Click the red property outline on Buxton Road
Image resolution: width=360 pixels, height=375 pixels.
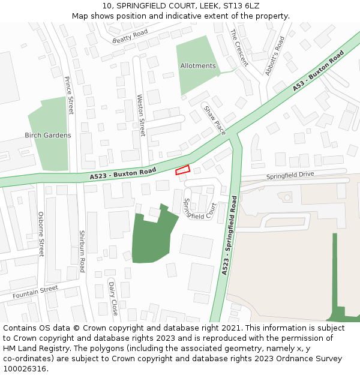[x=183, y=170]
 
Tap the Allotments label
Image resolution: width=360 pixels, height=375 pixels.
[x=197, y=66]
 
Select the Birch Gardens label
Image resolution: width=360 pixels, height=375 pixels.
[x=48, y=136]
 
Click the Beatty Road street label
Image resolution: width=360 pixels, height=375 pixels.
[x=130, y=37]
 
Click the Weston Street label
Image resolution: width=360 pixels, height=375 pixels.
[x=142, y=115]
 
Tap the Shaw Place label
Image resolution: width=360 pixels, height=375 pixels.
[x=214, y=120]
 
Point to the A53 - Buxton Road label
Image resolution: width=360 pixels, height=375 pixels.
[x=318, y=71]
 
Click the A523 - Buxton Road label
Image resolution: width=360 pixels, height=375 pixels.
[x=123, y=174]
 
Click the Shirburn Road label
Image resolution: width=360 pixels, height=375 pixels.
[x=82, y=251]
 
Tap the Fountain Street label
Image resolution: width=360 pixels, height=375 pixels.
[x=35, y=292]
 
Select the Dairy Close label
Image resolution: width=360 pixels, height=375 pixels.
[x=112, y=299]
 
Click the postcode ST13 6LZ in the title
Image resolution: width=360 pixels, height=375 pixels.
[x=244, y=5]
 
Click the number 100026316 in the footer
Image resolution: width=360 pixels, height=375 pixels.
[x=25, y=369]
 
